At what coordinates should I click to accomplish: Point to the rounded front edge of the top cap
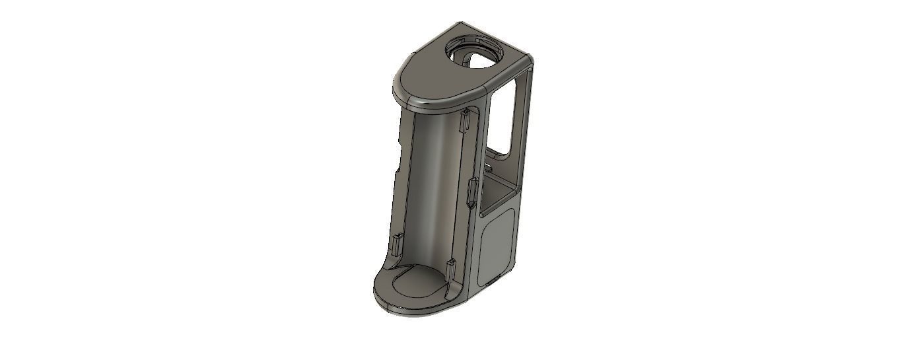423,103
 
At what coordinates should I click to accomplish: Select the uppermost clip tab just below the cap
465,120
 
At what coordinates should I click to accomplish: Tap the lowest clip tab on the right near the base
452,270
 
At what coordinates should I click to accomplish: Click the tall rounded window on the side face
504,122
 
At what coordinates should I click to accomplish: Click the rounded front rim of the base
409,306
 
